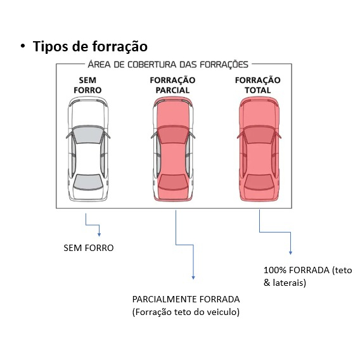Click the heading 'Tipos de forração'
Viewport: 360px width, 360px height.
click(90, 47)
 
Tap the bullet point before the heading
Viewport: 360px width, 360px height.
click(23, 46)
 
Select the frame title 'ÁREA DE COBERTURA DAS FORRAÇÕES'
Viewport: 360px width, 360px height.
click(168, 64)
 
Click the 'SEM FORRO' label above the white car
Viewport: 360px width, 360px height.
click(87, 85)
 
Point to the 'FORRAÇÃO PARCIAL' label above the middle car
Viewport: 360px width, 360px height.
click(172, 85)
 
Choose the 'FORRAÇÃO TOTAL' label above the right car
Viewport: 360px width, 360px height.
click(257, 85)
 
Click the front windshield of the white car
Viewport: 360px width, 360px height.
click(87, 134)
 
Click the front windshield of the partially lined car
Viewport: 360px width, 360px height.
click(172, 134)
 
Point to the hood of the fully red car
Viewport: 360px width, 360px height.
click(259, 113)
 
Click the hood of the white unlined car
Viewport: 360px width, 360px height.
click(87, 113)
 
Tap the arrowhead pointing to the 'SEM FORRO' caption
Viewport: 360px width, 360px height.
click(99, 235)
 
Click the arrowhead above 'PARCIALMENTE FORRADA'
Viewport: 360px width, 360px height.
click(193, 278)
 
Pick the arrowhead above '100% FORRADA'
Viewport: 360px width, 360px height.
click(290, 253)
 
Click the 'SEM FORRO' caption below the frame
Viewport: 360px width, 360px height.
click(89, 248)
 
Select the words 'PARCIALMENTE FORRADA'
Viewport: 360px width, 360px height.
click(186, 299)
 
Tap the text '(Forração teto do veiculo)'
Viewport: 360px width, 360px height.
click(186, 312)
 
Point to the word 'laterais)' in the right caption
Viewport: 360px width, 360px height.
click(290, 283)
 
